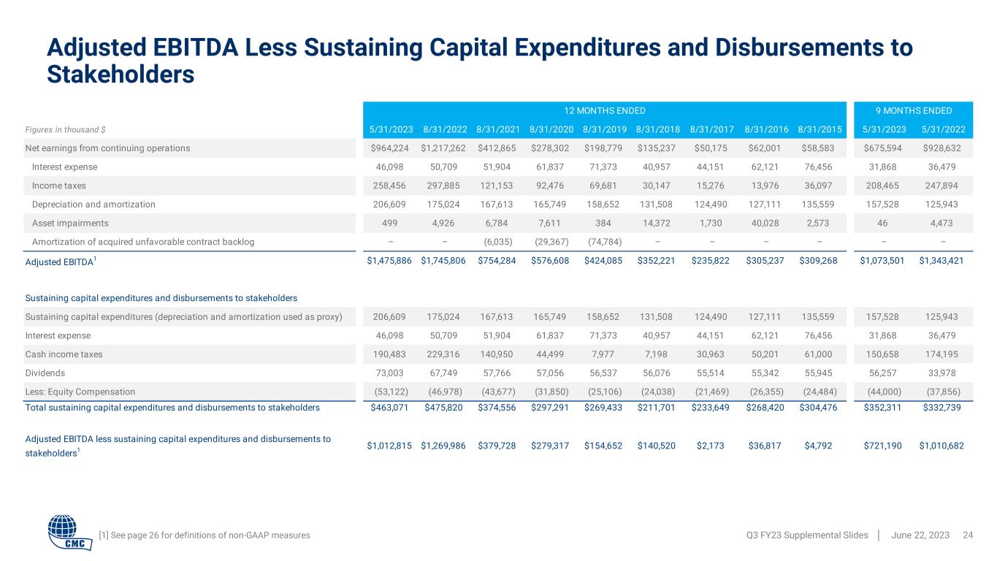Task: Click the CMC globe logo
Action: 70,533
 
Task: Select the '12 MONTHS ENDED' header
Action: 604,111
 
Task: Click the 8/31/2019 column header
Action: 604,130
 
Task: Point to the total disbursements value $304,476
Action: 818,408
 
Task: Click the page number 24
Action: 969,535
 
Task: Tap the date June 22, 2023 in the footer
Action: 920,535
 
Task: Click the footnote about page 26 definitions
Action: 204,535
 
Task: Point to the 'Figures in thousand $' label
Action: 65,130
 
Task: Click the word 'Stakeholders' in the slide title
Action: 121,75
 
